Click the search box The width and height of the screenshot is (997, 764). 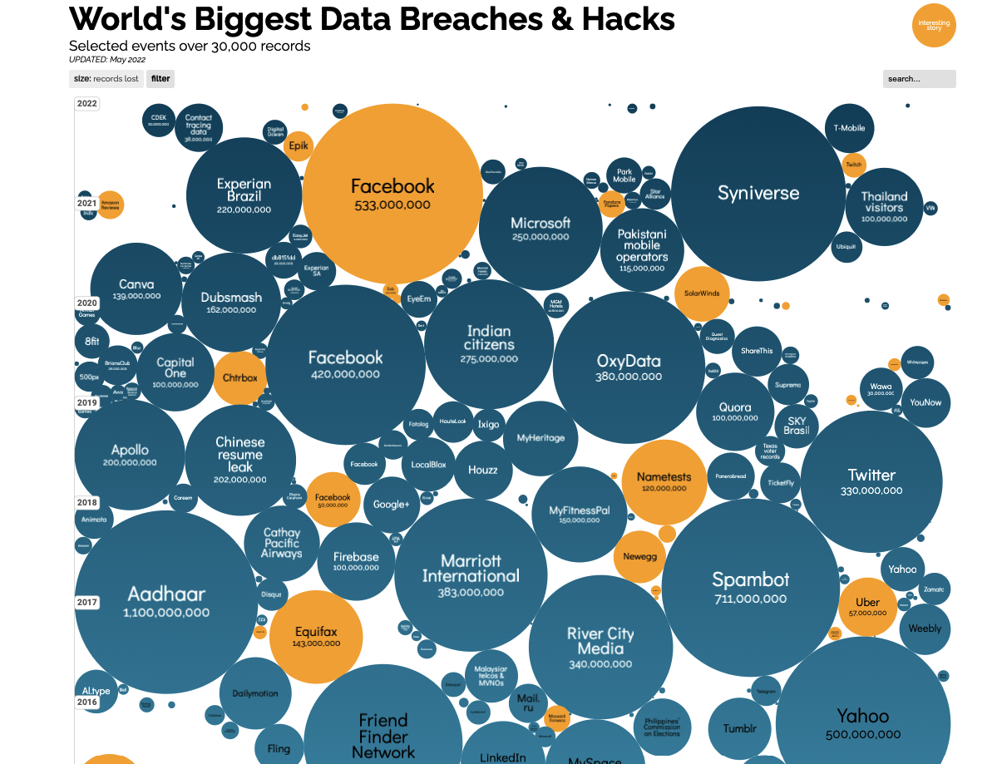click(x=919, y=79)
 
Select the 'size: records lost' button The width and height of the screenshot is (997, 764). click(x=106, y=79)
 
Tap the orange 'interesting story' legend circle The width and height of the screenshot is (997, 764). click(x=934, y=26)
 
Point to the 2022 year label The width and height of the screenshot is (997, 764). click(x=87, y=104)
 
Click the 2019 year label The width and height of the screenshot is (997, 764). click(x=87, y=402)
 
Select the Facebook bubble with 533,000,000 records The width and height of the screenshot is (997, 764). click(x=392, y=194)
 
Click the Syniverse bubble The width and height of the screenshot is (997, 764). click(x=758, y=194)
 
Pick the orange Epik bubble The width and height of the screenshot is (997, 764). click(x=297, y=146)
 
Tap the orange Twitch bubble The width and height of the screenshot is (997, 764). click(x=854, y=165)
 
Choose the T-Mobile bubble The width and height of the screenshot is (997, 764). click(x=849, y=128)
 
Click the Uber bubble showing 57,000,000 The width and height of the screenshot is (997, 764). click(x=867, y=606)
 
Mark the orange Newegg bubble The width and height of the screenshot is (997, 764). click(x=639, y=556)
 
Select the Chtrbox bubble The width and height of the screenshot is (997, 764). click(x=240, y=378)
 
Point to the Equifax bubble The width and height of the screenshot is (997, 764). click(x=316, y=636)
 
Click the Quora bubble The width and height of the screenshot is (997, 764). click(x=735, y=412)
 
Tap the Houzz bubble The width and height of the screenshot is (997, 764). click(x=482, y=470)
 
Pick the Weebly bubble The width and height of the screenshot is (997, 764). click(x=925, y=628)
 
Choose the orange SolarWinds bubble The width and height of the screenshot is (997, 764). click(x=702, y=293)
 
